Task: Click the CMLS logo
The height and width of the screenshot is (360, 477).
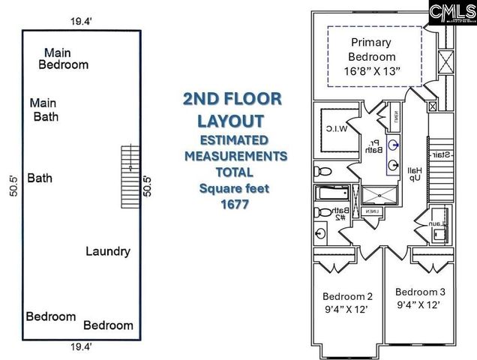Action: (450, 13)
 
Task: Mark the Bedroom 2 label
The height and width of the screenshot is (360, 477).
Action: (347, 295)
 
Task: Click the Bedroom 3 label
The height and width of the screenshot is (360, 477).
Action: (420, 291)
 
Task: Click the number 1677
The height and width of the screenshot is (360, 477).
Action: (233, 204)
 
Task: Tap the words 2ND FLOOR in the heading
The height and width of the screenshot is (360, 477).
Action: (232, 99)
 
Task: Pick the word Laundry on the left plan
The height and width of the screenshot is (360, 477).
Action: (108, 251)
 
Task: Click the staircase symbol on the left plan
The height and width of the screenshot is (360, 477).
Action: (130, 176)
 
